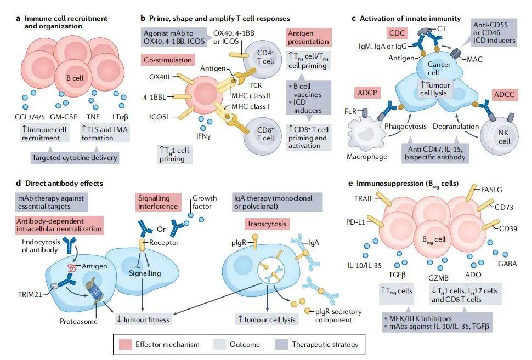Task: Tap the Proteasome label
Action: click(x=78, y=322)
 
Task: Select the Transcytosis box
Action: click(x=267, y=225)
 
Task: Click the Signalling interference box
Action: click(x=158, y=202)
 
